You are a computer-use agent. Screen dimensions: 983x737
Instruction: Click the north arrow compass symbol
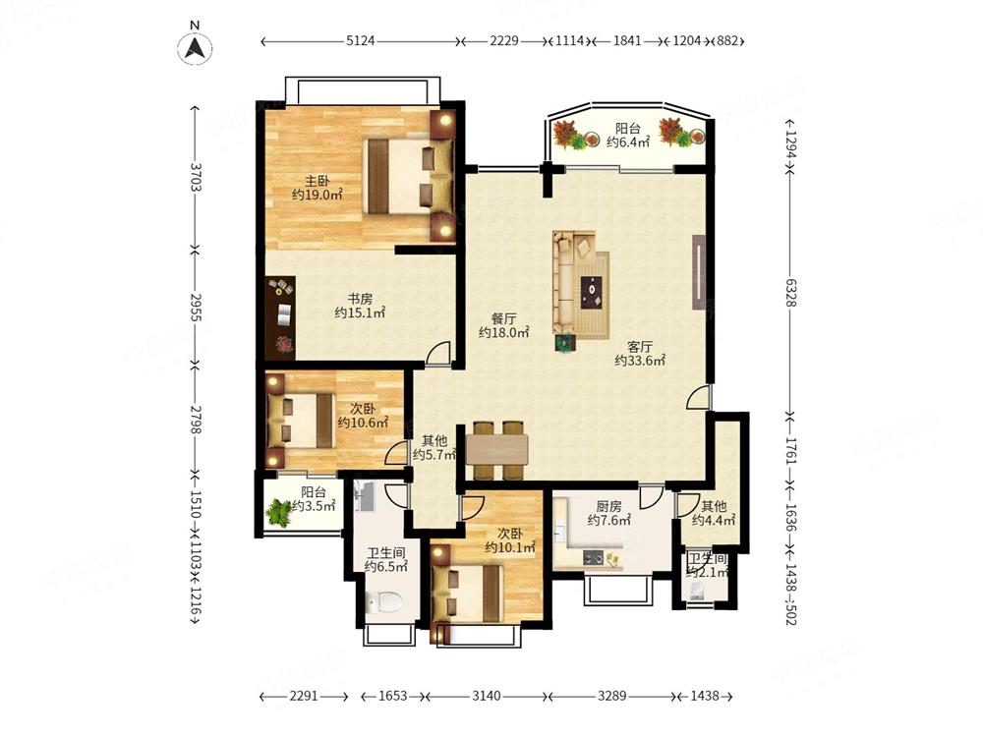[x=195, y=47]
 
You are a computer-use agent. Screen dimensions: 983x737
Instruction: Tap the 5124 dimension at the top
[x=360, y=40]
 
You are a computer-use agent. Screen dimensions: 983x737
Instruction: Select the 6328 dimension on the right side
[x=790, y=293]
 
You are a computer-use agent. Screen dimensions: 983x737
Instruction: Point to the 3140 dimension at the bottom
[x=486, y=696]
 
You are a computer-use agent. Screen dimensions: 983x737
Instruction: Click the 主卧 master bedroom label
[x=318, y=181]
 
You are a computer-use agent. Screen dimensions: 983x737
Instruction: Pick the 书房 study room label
[x=360, y=299]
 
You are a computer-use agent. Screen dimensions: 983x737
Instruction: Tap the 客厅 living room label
[x=640, y=346]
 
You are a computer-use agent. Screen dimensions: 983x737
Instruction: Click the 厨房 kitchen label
[x=608, y=506]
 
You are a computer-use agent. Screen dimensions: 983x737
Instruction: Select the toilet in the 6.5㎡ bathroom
[x=383, y=602]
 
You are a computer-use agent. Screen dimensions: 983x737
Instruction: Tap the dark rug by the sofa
[x=593, y=293]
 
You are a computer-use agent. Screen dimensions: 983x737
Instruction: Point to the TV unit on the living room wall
[x=698, y=272]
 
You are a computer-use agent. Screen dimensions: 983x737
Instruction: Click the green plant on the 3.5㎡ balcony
[x=278, y=512]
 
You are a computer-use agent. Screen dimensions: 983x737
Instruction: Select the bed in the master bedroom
[x=408, y=177]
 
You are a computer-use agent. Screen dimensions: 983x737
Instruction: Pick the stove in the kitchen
[x=593, y=556]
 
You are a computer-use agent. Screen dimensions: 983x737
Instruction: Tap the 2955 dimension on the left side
[x=195, y=307]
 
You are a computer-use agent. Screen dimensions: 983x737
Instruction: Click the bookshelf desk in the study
[x=279, y=317]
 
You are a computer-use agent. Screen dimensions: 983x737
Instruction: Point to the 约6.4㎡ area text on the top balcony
[x=628, y=142]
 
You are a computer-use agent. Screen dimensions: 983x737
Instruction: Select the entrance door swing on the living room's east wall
[x=698, y=397]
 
